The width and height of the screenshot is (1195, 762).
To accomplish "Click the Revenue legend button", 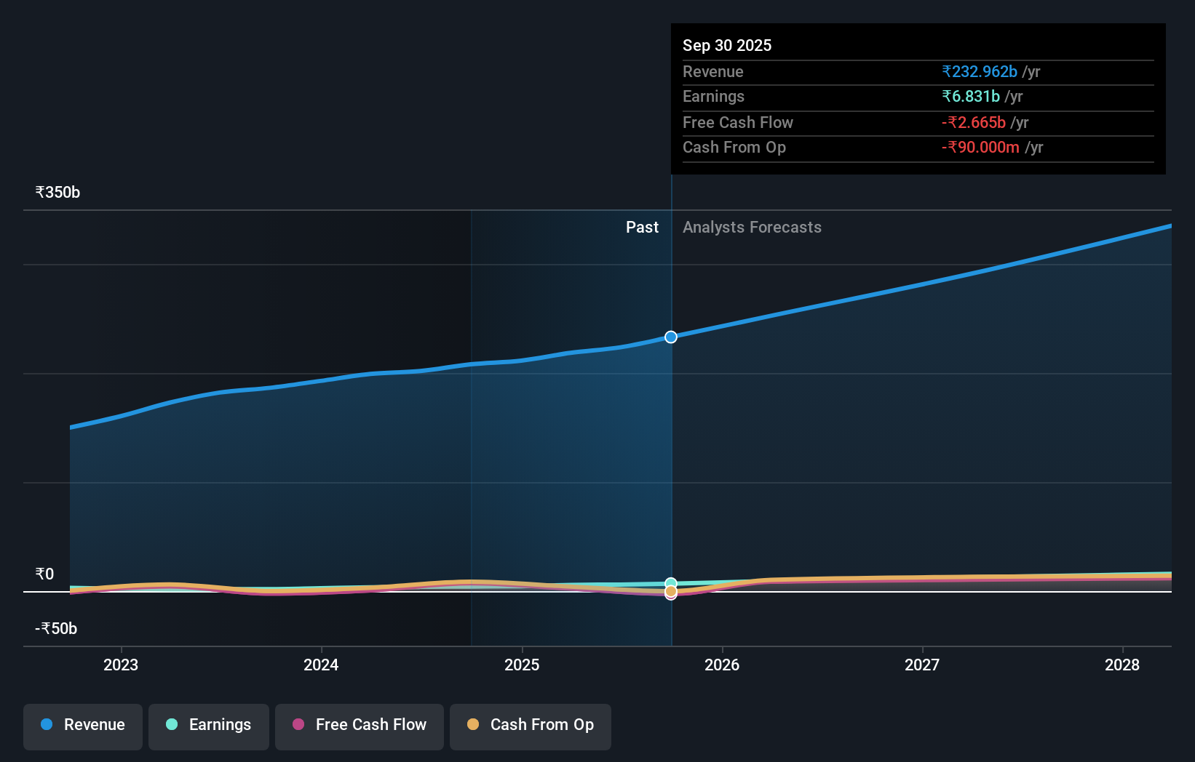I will tap(83, 725).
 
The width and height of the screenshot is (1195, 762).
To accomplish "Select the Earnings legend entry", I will tap(209, 725).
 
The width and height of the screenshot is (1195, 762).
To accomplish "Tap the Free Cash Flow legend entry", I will tap(360, 725).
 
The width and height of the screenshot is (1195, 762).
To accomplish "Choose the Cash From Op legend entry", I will tap(531, 725).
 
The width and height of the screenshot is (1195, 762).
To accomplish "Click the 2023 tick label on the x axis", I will tap(121, 665).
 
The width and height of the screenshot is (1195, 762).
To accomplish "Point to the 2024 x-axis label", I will tap(321, 665).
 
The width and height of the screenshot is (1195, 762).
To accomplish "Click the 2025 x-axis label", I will tap(522, 665).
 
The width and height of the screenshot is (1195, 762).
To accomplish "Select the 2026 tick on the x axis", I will tap(722, 665).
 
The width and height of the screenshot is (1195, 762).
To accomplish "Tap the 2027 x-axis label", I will tap(922, 665).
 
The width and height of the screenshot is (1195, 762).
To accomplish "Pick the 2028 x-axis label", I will tap(1122, 665).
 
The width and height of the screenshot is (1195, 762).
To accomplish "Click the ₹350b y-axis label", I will tap(57, 193).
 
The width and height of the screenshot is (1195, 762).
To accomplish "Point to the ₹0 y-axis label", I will tap(44, 574).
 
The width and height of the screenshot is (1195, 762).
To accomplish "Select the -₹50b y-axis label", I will tap(56, 629).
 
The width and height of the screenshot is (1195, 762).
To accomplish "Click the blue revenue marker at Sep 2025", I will tap(671, 337).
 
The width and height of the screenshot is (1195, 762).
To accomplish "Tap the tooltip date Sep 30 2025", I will tap(727, 45).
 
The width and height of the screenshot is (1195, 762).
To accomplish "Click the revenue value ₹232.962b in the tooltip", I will tap(980, 71).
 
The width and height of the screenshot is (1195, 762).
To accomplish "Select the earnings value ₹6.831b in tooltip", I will tap(971, 97).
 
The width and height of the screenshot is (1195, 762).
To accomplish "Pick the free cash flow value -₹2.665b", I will tap(974, 122).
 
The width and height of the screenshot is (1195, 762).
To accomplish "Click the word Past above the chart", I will tap(642, 228).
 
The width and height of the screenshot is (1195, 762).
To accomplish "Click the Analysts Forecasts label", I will tap(752, 228).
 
